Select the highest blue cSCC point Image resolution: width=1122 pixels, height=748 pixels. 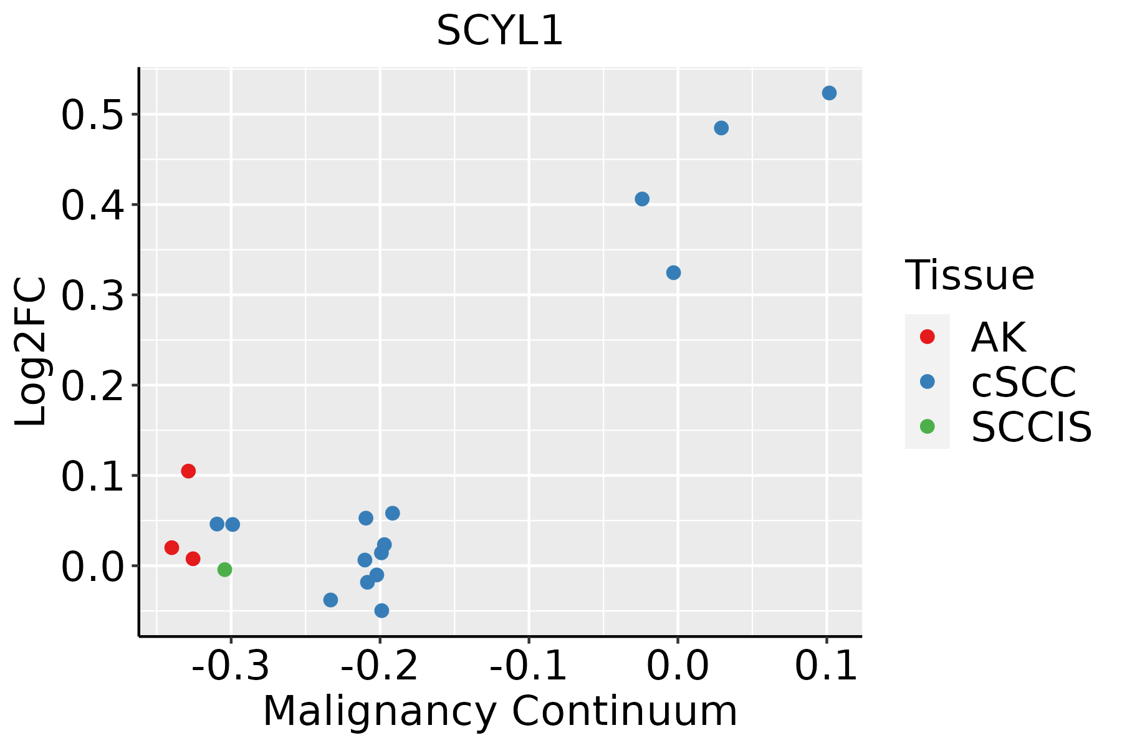[829, 93]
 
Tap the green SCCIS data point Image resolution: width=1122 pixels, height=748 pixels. [225, 569]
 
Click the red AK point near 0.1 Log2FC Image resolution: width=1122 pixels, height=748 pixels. [188, 471]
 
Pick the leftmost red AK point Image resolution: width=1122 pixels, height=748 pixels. [172, 548]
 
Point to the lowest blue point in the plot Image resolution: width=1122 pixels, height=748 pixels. [382, 611]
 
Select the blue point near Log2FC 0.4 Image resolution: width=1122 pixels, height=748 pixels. [642, 199]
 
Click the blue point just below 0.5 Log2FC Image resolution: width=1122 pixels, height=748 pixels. [721, 128]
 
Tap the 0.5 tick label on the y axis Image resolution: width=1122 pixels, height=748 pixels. [91, 116]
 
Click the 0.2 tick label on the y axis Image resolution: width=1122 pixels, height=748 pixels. [91, 386]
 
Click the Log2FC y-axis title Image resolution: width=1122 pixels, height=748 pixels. [31, 352]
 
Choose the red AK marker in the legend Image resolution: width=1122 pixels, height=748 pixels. [928, 337]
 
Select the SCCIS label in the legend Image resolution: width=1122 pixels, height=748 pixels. [1032, 428]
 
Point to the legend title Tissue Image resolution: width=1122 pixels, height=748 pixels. [969, 276]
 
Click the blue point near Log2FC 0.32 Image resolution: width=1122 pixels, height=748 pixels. [673, 273]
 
